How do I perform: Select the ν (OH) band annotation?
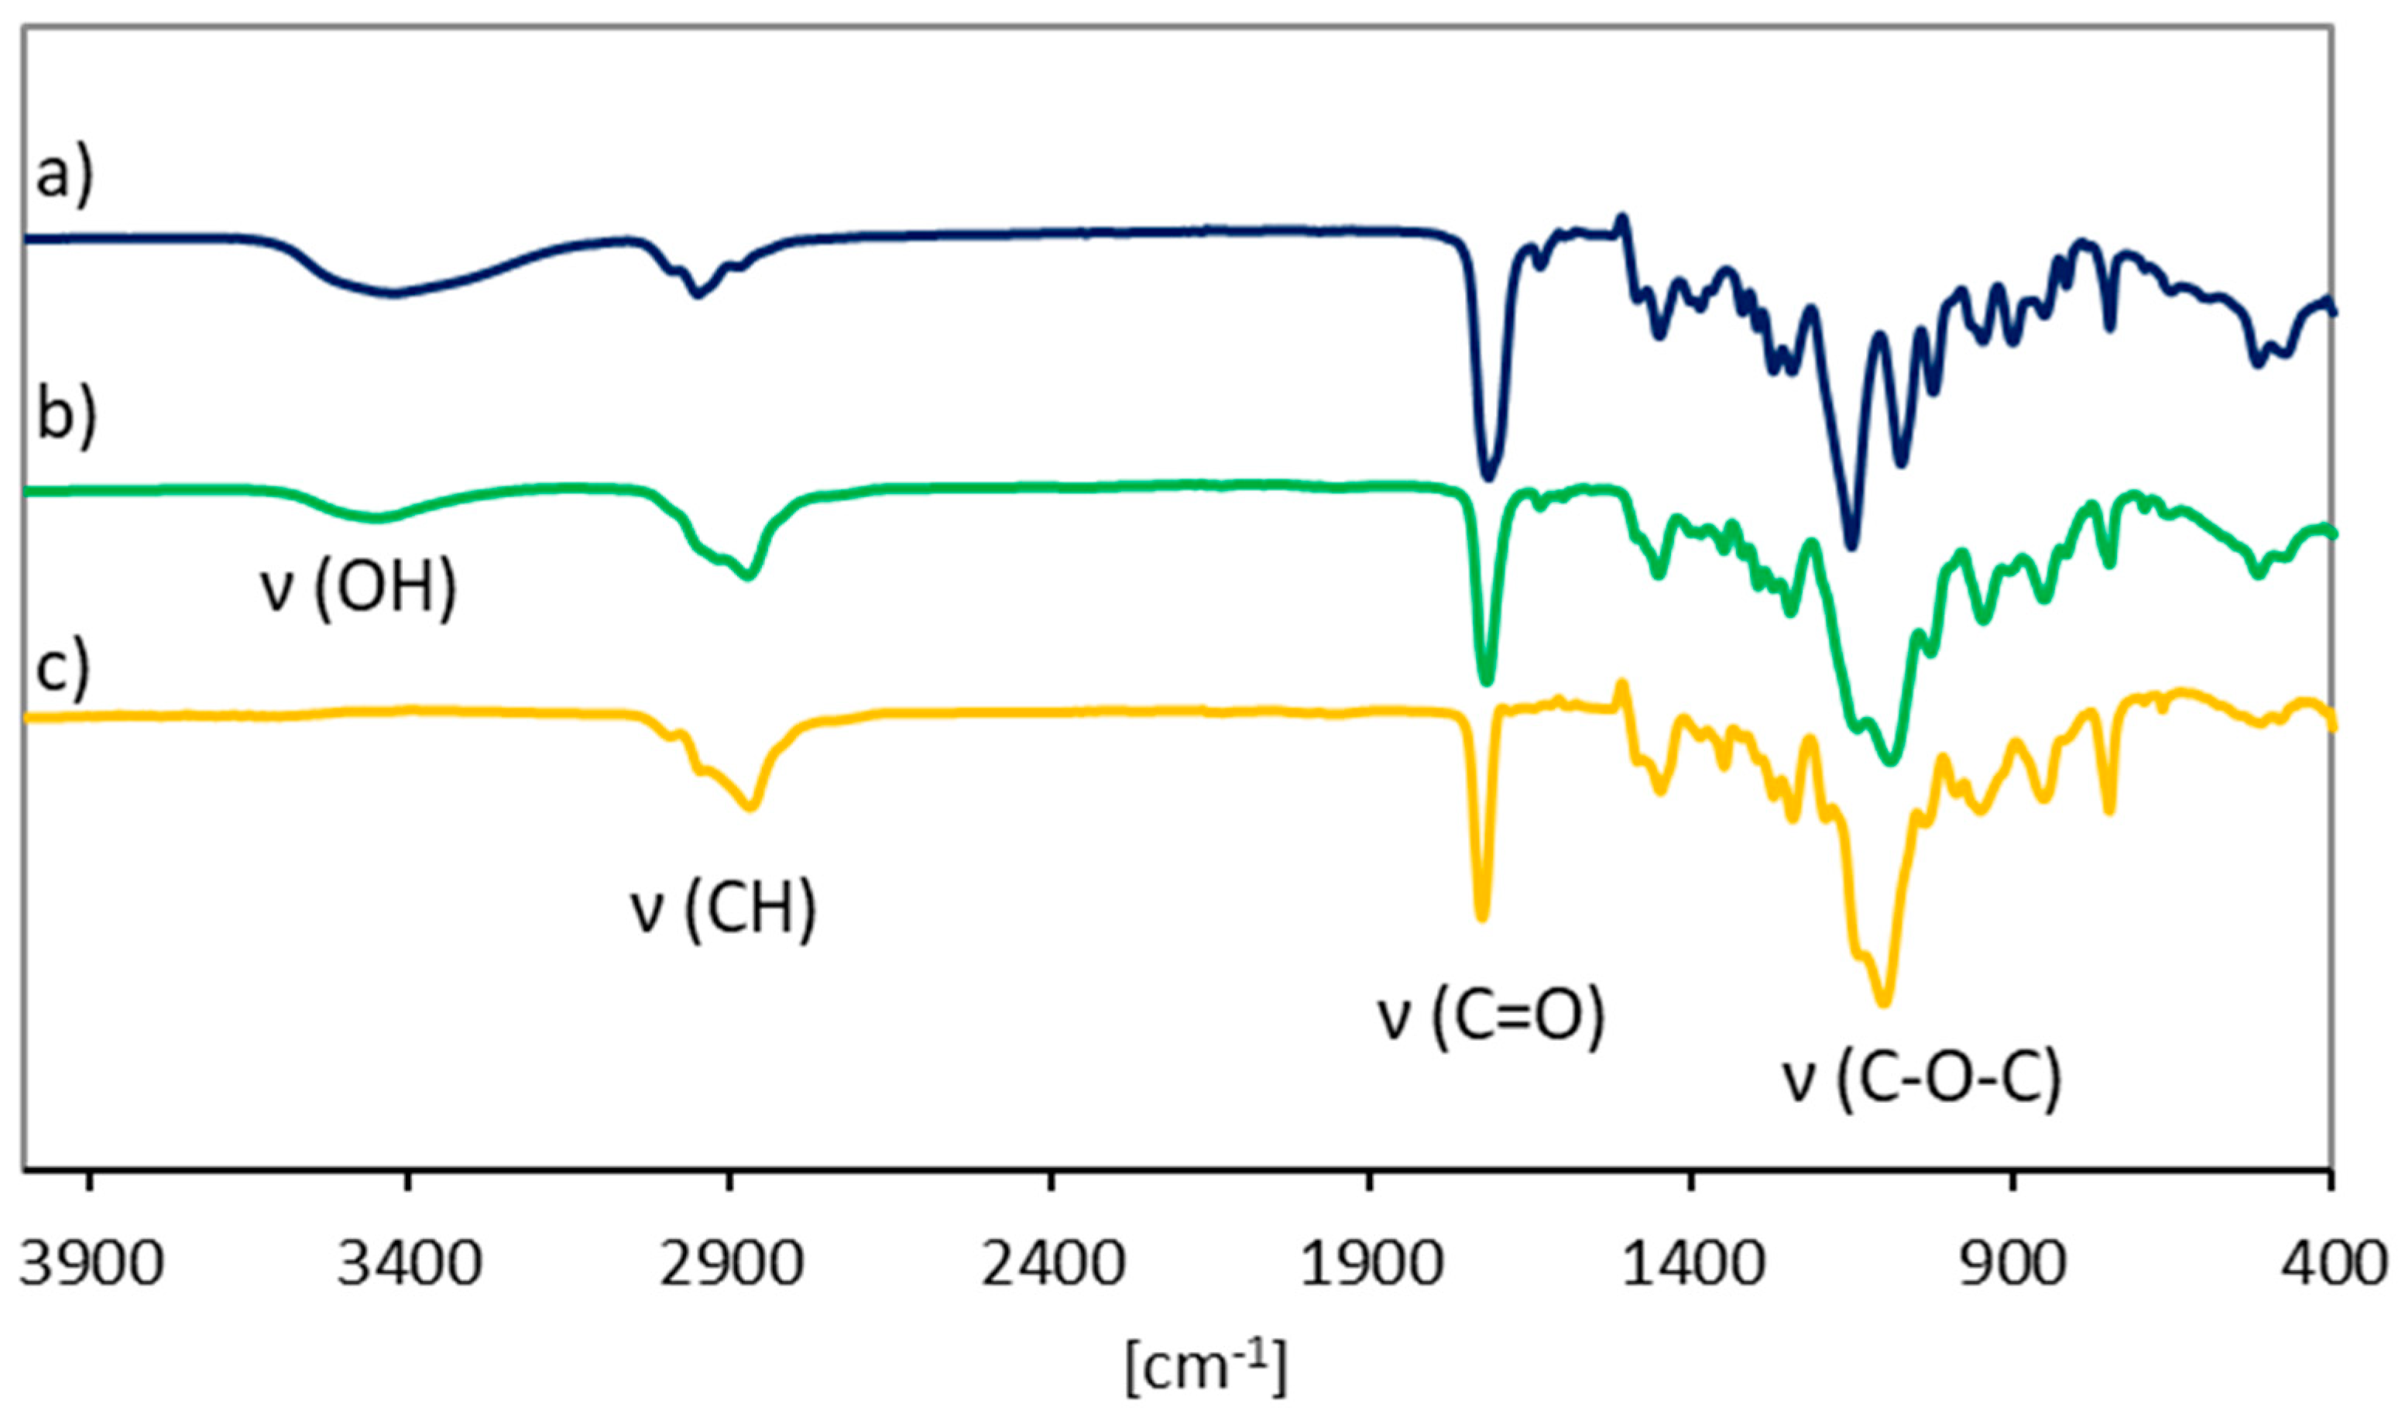359,589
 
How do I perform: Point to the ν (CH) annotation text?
723,911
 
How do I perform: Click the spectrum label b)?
66,417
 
